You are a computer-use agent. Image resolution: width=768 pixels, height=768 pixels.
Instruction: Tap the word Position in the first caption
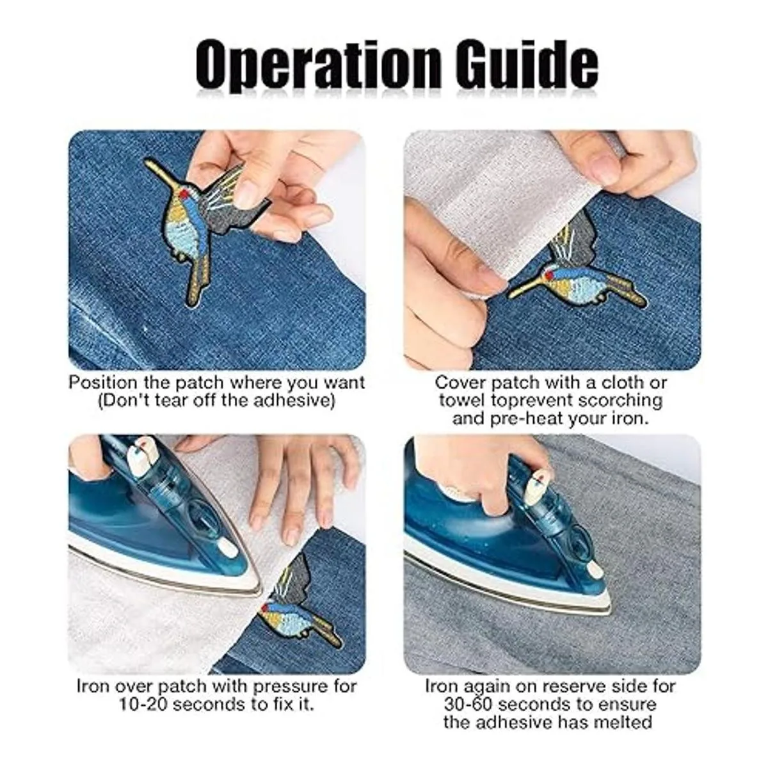click(x=102, y=383)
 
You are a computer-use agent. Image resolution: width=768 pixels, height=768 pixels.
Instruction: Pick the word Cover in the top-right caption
click(x=461, y=383)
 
